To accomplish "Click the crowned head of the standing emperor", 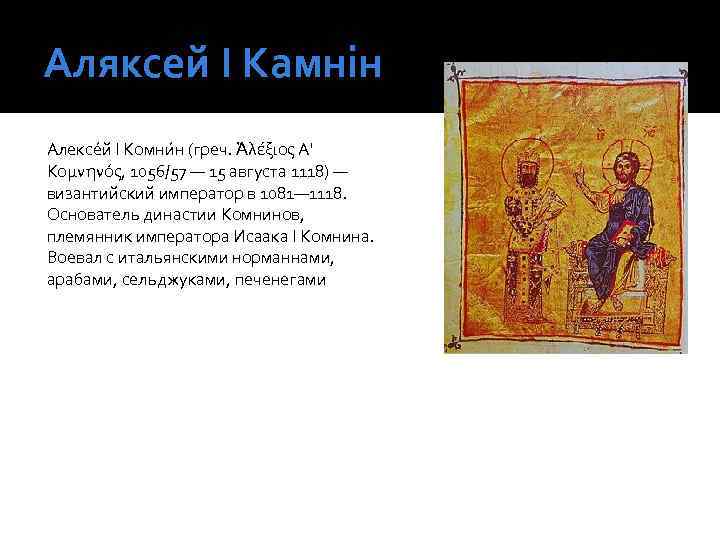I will click(x=524, y=162).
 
